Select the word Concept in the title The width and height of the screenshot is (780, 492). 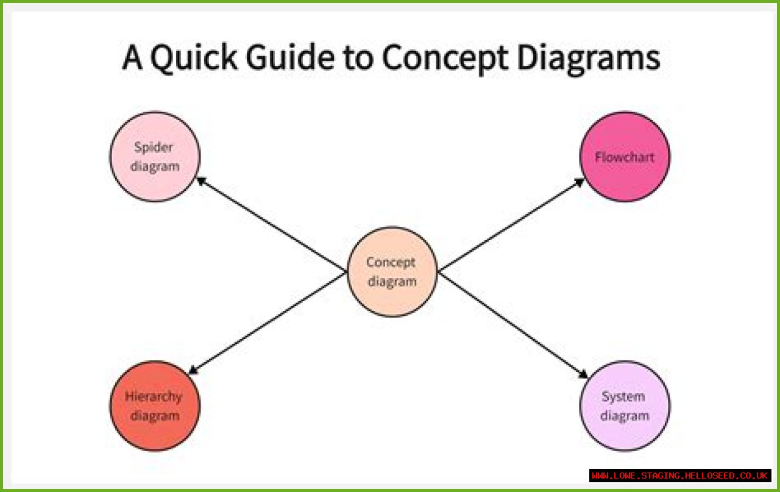pos(445,59)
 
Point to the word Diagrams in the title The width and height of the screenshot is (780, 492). pos(589,59)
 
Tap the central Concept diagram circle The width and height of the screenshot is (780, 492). pos(392,299)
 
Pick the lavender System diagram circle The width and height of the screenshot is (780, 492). pos(625,433)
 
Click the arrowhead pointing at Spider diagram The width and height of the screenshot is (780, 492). pos(200,180)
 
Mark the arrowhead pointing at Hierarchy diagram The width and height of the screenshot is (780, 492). pos(193,369)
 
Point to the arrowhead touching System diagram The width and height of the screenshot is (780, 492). pos(584,374)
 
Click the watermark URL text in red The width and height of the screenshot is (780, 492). pos(680,476)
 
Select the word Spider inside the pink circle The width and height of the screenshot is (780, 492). pos(154,147)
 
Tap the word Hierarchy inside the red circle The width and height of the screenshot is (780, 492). pos(154,396)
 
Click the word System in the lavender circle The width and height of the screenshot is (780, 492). pos(623,396)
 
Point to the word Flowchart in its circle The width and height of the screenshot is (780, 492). pos(625,157)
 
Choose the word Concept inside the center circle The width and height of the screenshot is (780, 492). pos(391,262)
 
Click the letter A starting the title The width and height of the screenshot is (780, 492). pos(132,59)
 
